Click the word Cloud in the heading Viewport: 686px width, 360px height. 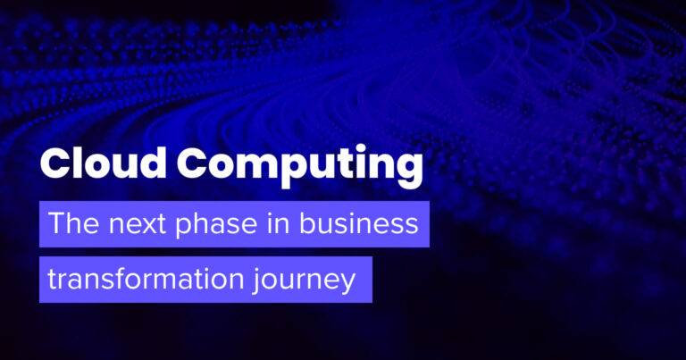(104, 163)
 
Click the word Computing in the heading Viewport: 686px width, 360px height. (300, 167)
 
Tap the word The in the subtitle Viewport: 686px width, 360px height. (74, 223)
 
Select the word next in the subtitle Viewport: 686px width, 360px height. (137, 225)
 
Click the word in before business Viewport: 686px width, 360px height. (279, 223)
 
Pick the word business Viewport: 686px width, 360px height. (359, 223)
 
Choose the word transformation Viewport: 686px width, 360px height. (146, 279)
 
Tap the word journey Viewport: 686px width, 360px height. (304, 280)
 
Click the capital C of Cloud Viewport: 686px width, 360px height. (54, 163)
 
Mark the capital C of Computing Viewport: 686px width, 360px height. (191, 163)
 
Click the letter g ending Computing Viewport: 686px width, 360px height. (409, 172)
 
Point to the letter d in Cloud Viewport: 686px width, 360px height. (152, 163)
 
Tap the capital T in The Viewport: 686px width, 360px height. (57, 223)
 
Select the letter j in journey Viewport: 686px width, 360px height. (255, 281)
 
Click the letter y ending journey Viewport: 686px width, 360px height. (347, 285)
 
